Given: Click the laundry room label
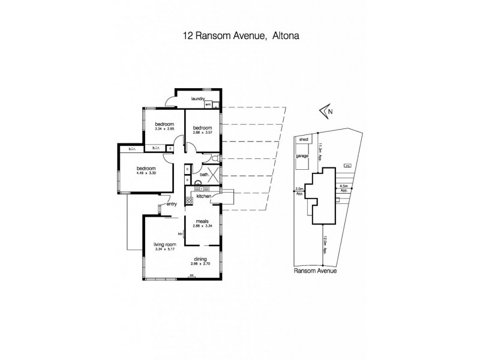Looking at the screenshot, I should pyautogui.click(x=199, y=99).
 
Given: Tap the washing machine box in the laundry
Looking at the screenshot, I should pyautogui.click(x=208, y=104).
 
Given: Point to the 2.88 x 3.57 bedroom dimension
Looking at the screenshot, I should pyautogui.click(x=202, y=133).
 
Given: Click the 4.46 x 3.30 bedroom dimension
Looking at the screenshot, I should pyautogui.click(x=147, y=173).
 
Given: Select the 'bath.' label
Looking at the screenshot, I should pyautogui.click(x=204, y=175).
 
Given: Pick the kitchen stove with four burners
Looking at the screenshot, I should pyautogui.click(x=189, y=199).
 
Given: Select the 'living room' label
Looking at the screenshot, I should pyautogui.click(x=163, y=245).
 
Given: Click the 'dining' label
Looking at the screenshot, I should pyautogui.click(x=200, y=259).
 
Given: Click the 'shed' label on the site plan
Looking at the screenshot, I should pyautogui.click(x=303, y=139).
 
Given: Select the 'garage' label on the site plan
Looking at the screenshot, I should pyautogui.click(x=302, y=155).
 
